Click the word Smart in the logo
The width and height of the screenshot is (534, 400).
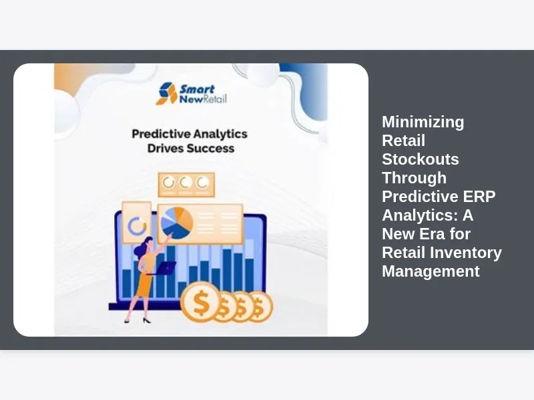[x=197, y=89]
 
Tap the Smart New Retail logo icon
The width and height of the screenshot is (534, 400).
[x=167, y=93]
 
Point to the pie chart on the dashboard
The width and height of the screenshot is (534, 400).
[x=177, y=223]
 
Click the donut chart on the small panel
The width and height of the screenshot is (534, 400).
[x=137, y=226]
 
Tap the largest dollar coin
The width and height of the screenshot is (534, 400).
[x=201, y=302]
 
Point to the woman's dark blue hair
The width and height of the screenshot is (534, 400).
[x=142, y=247]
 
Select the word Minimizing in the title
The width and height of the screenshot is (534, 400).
[x=423, y=122]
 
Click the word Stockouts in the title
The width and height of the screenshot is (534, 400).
[x=421, y=159]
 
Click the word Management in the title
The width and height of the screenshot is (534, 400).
[x=431, y=271]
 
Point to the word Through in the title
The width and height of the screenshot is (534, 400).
[x=414, y=178]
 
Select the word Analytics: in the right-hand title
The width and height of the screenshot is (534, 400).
[x=420, y=215]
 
